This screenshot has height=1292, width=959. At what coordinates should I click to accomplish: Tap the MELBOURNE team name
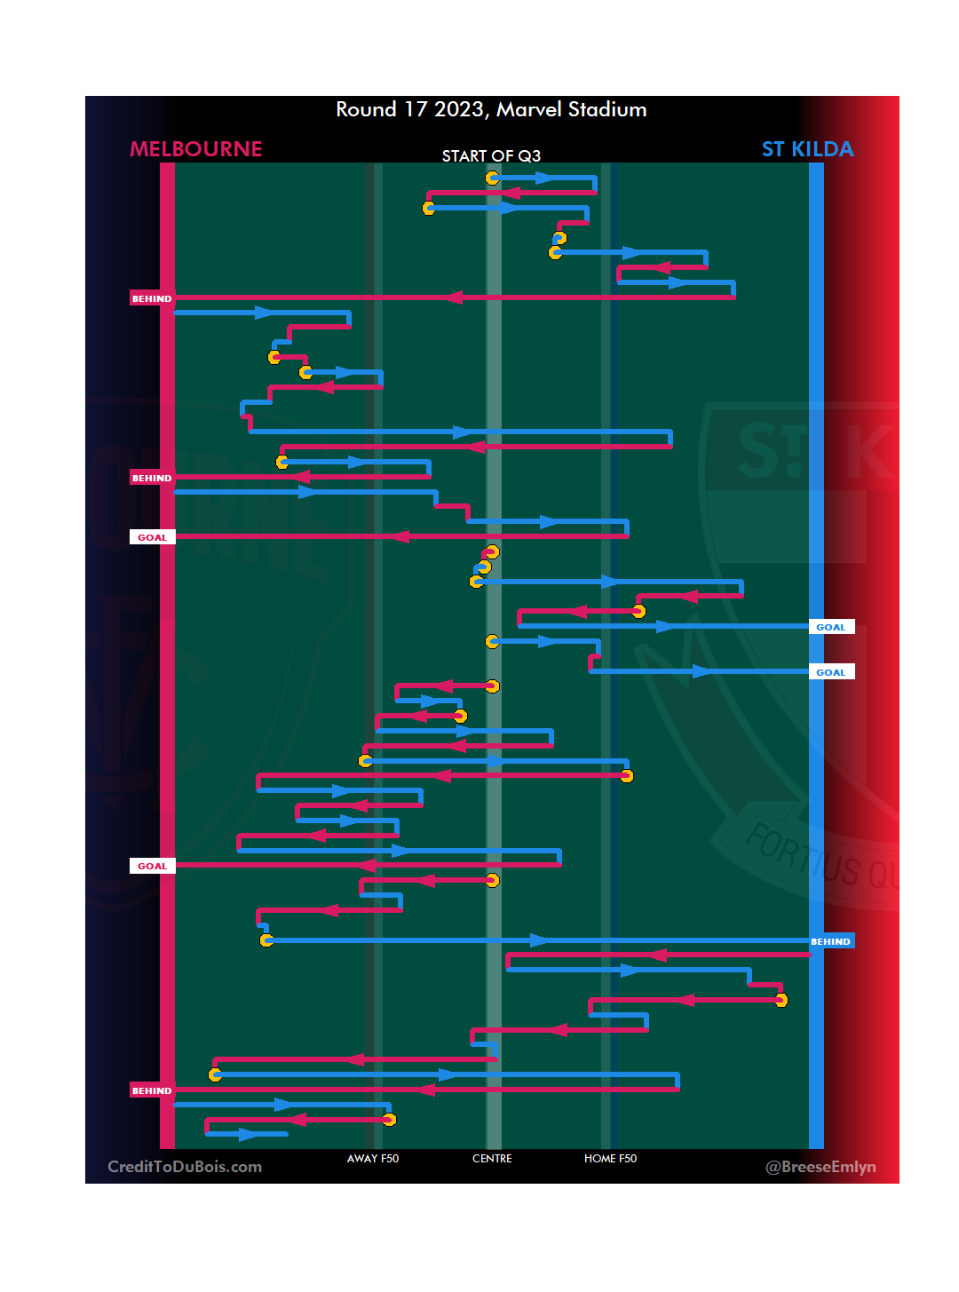(x=196, y=149)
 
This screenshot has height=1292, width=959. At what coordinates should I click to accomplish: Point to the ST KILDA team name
(x=807, y=149)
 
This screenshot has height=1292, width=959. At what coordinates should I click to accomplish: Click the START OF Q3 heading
(x=491, y=156)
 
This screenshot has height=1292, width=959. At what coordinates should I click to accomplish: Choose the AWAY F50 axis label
(x=373, y=1159)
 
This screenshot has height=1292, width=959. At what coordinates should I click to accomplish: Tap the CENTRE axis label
(x=492, y=1159)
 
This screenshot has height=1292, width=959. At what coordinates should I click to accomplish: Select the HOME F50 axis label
(x=610, y=1159)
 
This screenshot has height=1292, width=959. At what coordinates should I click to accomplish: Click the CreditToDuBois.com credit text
(x=185, y=1167)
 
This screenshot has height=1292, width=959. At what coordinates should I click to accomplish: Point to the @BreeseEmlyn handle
(x=820, y=1167)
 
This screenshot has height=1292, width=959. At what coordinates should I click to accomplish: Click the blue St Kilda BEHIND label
(x=831, y=941)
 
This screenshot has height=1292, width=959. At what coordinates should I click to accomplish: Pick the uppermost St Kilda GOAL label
(x=831, y=627)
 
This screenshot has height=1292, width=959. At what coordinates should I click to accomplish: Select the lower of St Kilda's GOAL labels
(x=831, y=672)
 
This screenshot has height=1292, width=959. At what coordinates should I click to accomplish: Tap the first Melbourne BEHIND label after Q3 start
(x=152, y=298)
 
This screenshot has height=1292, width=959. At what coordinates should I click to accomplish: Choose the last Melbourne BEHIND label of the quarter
(x=152, y=1090)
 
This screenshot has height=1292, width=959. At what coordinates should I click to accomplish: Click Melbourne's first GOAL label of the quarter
(x=152, y=537)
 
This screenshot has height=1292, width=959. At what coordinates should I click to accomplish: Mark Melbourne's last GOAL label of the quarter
(x=152, y=866)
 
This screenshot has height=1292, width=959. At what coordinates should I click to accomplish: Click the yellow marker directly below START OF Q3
(x=492, y=178)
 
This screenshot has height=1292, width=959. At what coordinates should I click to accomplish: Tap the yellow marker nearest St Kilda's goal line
(x=781, y=1000)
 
